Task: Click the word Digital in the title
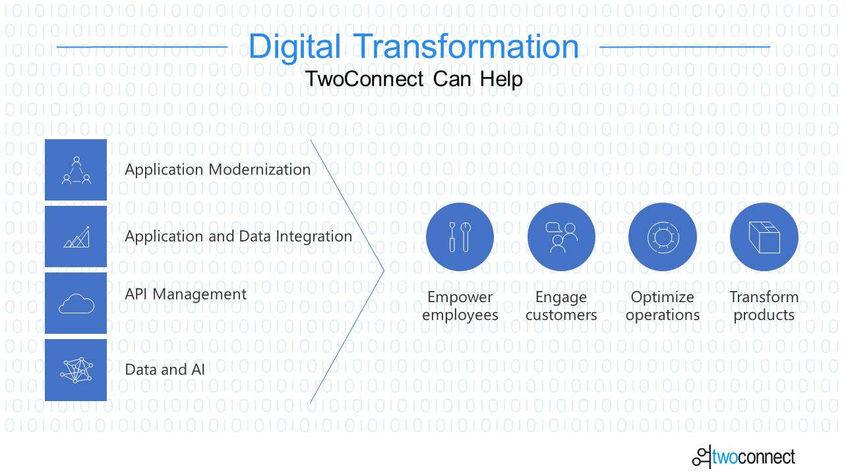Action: point(295,47)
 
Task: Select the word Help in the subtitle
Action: point(501,79)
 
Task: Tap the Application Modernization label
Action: point(218,170)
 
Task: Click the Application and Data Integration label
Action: point(239,237)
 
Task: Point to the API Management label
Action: point(186,294)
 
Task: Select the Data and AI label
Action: point(165,369)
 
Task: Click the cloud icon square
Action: point(76,303)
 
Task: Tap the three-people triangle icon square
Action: point(76,170)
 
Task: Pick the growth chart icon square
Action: point(76,236)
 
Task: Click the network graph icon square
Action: point(76,370)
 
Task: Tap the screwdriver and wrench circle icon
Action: point(460,237)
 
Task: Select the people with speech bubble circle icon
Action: point(561,237)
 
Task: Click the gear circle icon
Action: point(663,237)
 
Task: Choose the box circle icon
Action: point(764,237)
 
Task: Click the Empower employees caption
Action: point(460,305)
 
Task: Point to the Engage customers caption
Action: point(561,305)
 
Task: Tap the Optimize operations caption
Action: point(663,305)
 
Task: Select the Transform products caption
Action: point(764,305)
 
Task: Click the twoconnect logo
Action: point(744,457)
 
